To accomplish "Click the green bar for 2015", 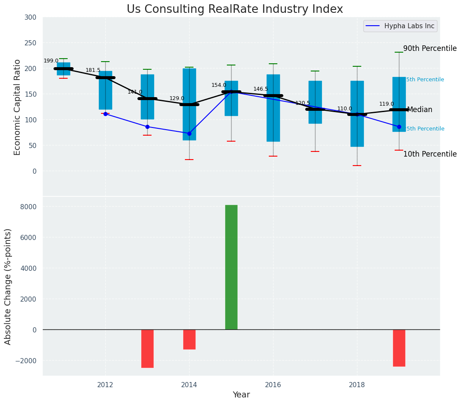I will pos(231,267).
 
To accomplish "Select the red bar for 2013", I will pos(147,348).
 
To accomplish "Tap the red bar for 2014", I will pos(189,339).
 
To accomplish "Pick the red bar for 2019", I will pos(399,348).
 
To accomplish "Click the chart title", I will pos(235,9).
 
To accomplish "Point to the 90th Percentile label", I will pos(430,49).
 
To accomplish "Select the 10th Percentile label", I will pos(430,154).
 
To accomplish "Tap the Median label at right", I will pos(419,110).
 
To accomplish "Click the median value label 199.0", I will pos(51,61).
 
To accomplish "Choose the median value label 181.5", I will pos(93,71).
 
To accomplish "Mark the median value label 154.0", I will pos(219,86).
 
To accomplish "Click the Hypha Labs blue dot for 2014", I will pos(189,133).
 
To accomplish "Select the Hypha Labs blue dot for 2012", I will pos(105,114).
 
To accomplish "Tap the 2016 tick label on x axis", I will pos(273,385).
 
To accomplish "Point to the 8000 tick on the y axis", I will pos(28,207).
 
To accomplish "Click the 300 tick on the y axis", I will pos(31,18).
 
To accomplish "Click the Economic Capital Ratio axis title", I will pos(18,107).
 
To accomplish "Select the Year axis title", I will pos(241,395).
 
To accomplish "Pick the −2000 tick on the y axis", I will pos(26,361).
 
